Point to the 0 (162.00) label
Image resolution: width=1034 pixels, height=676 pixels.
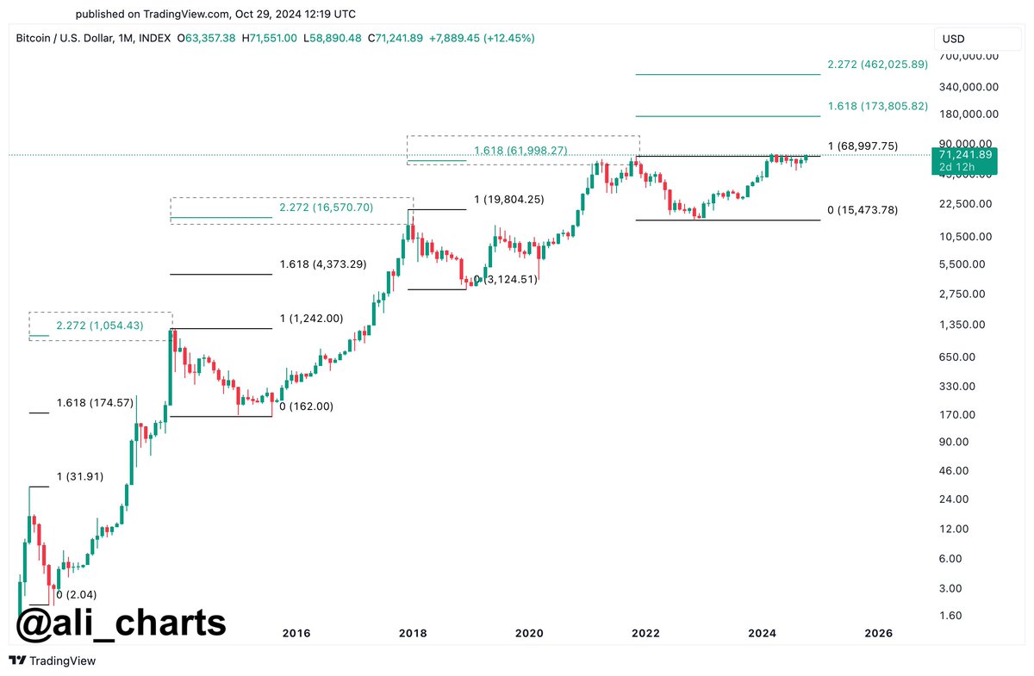click(306, 406)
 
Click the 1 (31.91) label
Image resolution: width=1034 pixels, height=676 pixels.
click(80, 476)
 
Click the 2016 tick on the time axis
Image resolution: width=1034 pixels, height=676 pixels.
click(296, 634)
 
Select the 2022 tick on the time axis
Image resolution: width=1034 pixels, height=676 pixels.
click(645, 634)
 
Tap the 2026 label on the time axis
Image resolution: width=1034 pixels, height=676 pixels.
click(878, 634)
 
